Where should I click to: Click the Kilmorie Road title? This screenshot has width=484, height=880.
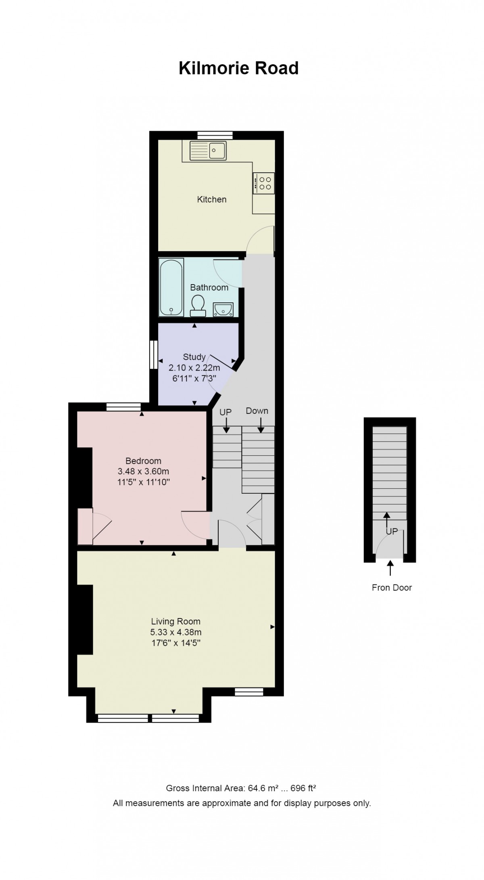point(238,69)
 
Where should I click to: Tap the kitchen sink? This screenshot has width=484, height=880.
point(217,151)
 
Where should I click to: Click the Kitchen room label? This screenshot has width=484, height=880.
point(211,199)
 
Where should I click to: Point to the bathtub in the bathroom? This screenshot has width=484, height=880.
point(171,287)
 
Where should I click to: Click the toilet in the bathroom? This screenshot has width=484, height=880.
point(197,305)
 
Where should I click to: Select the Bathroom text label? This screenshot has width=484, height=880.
point(209,288)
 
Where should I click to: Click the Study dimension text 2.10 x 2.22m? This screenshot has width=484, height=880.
point(194,368)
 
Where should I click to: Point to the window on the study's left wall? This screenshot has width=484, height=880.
point(153,355)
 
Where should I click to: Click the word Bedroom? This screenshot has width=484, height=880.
point(143,461)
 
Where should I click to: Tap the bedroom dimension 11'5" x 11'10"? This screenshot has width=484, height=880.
point(143,482)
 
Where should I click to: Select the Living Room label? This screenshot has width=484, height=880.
point(175,622)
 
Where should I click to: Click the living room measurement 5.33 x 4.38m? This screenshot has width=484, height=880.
point(175,632)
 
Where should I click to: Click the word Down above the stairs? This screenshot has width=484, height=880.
point(257,411)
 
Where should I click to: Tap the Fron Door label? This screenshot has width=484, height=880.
point(392,588)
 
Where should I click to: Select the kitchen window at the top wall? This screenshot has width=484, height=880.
point(215,135)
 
